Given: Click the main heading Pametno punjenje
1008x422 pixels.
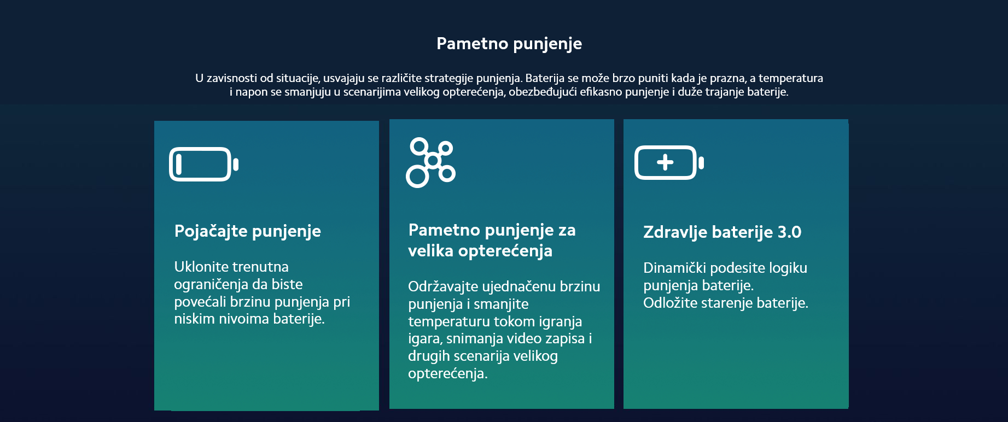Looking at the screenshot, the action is (x=509, y=44).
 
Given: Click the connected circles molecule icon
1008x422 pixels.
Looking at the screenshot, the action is (x=430, y=162).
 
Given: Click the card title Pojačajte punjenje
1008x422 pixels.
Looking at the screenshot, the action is (x=247, y=231).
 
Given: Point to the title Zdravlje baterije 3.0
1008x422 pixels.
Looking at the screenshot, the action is (x=722, y=232).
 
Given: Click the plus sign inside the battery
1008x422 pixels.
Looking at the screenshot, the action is (x=665, y=162).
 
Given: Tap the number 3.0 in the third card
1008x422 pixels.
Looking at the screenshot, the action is (x=789, y=232).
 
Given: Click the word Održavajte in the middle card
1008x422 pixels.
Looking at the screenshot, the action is (x=442, y=287).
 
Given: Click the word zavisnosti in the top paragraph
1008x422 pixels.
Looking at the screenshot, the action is (x=232, y=78).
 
